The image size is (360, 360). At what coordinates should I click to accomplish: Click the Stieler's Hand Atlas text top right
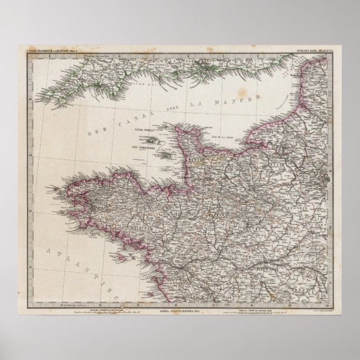coord(314,55)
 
